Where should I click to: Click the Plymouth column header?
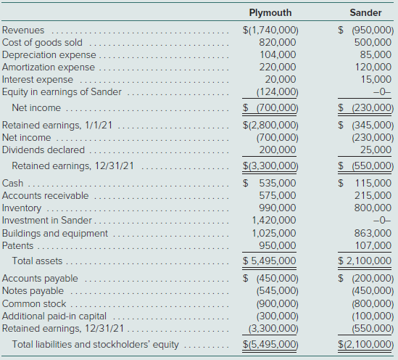click(x=270, y=13)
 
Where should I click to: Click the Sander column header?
click(x=365, y=13)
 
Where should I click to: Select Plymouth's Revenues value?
click(x=270, y=30)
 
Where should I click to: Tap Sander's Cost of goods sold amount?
click(x=373, y=42)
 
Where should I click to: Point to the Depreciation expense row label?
click(x=49, y=55)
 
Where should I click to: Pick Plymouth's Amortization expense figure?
click(x=278, y=67)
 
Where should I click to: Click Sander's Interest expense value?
click(x=376, y=80)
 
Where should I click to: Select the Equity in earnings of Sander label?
click(x=62, y=92)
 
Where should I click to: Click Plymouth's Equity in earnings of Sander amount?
click(x=278, y=92)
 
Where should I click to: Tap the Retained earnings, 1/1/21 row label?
click(x=57, y=126)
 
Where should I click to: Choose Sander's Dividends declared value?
click(x=376, y=150)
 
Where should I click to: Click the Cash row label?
click(x=13, y=183)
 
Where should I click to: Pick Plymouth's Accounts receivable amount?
click(x=278, y=196)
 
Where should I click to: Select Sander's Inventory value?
click(x=373, y=208)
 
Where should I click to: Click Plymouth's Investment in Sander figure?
click(x=274, y=220)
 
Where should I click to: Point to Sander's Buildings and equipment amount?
click(x=373, y=233)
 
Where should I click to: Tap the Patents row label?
click(x=18, y=245)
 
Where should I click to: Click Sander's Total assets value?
click(x=365, y=261)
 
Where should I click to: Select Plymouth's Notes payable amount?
click(x=278, y=290)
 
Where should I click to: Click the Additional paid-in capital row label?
click(x=54, y=316)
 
